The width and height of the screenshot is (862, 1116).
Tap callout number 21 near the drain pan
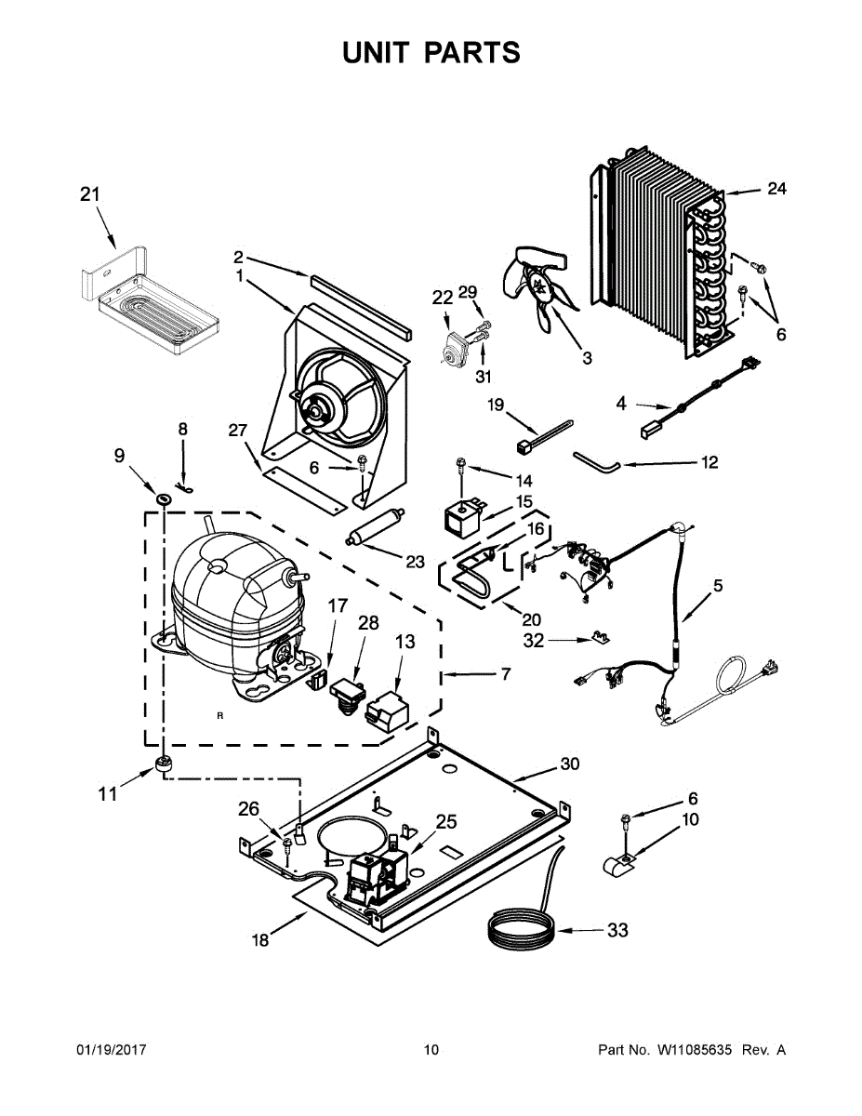(89, 194)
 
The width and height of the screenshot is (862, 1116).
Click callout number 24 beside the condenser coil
(776, 189)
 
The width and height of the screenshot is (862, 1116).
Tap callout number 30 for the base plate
(569, 764)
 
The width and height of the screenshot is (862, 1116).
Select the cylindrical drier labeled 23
(376, 527)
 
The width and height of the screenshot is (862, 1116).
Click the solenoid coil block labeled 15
(463, 519)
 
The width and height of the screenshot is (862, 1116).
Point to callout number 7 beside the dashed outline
(506, 673)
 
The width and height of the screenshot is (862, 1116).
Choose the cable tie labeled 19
(544, 436)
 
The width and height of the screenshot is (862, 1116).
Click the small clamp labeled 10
(619, 866)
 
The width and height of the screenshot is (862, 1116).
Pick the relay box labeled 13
(387, 710)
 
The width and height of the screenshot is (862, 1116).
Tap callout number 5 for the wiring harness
(718, 585)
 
